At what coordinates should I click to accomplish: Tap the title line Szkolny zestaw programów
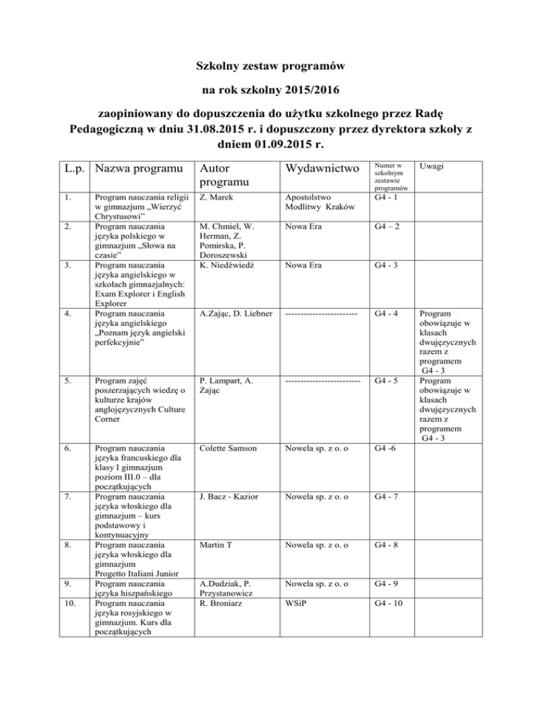coord(270,68)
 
